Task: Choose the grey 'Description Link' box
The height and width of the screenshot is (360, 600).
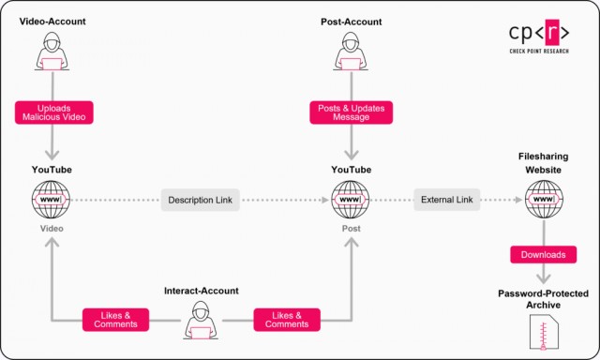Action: (x=201, y=200)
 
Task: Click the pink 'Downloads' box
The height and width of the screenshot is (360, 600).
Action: (x=541, y=254)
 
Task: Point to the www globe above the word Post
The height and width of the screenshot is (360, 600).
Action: (x=350, y=200)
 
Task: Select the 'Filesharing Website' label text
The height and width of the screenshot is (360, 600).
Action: (x=544, y=163)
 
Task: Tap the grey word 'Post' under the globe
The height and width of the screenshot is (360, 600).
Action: (x=350, y=228)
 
